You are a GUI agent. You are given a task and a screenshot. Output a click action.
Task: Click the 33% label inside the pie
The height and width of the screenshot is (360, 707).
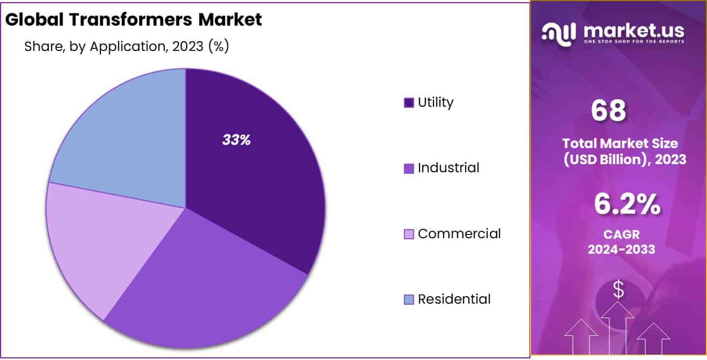coord(237,140)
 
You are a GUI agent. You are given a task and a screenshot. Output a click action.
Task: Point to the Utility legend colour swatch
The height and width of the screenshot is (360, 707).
coord(409,102)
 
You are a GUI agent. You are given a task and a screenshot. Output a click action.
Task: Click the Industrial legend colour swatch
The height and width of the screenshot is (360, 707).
coord(409,168)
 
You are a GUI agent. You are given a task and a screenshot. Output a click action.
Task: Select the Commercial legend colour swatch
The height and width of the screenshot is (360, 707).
coord(409,234)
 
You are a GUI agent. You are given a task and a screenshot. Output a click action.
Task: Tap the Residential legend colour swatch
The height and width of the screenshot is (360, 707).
coord(409,299)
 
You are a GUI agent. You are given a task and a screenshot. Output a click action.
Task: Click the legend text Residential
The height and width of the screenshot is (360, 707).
coord(454,299)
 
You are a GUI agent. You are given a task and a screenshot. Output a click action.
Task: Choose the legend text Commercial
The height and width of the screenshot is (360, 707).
coord(459,233)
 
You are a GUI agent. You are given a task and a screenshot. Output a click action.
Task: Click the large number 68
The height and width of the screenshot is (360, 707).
coord(608,111)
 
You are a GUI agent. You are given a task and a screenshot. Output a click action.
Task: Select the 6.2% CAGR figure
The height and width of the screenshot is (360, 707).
coord(627,205)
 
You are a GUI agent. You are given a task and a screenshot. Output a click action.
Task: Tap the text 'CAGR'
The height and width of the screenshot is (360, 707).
coord(621,234)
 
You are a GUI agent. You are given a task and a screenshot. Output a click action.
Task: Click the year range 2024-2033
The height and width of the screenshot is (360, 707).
coord(621,249)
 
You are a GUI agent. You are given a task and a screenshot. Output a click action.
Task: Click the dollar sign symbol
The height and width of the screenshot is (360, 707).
coord(618,290)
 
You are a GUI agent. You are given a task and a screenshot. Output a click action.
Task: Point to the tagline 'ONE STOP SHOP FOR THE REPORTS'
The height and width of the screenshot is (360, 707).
coord(634,42)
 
